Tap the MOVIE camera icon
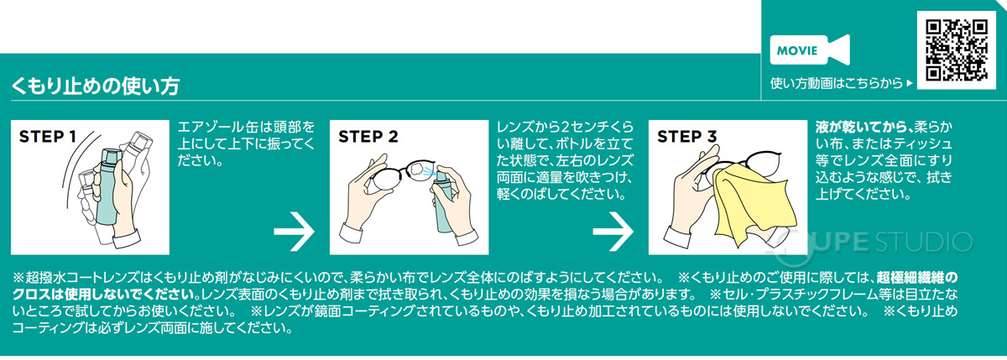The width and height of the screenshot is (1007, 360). tap(809, 50)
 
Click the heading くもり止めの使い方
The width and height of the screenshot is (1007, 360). tap(94, 86)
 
